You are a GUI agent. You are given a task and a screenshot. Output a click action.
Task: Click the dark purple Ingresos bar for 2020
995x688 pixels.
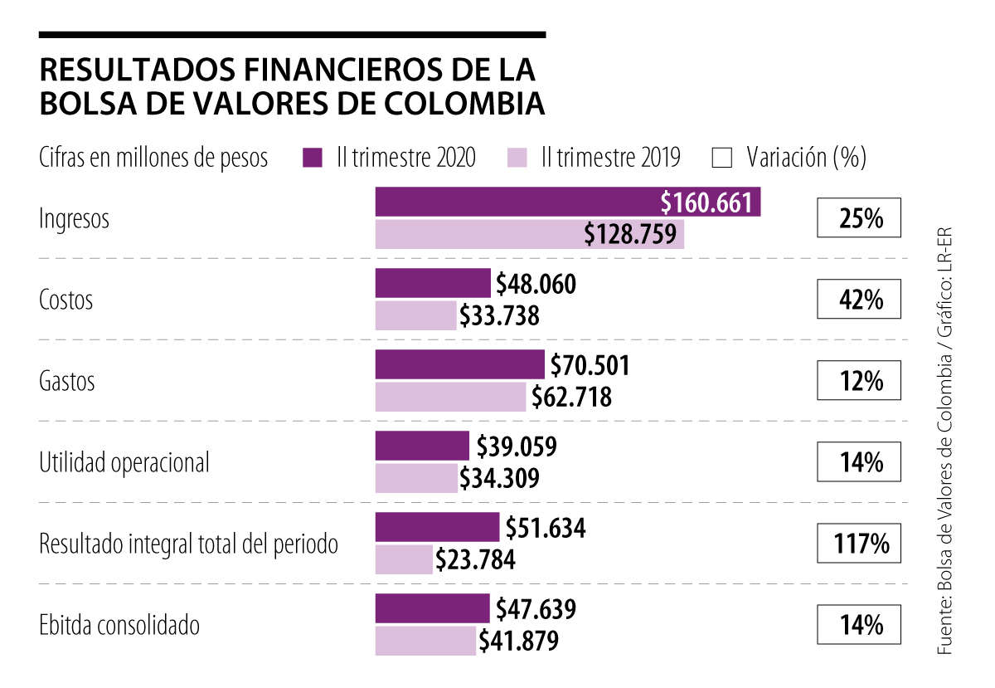pos(514,202)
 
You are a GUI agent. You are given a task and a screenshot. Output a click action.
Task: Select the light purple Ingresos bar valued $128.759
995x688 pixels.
pos(481,235)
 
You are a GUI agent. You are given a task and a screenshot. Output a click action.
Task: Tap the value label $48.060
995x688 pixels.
pos(536,285)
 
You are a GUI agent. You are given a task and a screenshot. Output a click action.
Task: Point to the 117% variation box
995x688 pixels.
pos(858,544)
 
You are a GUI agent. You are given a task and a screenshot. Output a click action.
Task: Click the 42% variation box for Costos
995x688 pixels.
pos(858,300)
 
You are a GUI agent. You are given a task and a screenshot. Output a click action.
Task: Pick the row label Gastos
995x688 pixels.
pos(67,382)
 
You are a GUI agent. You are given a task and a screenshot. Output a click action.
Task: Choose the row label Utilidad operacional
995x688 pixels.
pos(124,462)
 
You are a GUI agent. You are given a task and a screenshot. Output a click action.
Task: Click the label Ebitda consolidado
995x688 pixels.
pos(119,625)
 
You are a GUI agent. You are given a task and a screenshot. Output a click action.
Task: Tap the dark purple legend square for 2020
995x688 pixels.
pos(312,158)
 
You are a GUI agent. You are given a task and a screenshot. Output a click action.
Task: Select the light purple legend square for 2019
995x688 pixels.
pos(516,158)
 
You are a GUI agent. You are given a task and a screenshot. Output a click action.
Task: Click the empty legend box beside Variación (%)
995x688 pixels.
pos(721,158)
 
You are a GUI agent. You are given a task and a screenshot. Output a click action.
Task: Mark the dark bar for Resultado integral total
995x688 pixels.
pos(437,527)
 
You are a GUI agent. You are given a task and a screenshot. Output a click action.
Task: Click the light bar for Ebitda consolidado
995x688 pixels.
pos(425,641)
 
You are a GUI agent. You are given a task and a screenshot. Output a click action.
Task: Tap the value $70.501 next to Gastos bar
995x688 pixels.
pos(590,366)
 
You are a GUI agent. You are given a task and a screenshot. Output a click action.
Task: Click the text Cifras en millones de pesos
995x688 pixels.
pos(153,158)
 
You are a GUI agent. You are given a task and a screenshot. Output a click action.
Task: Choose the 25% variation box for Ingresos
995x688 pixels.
pos(858,219)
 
